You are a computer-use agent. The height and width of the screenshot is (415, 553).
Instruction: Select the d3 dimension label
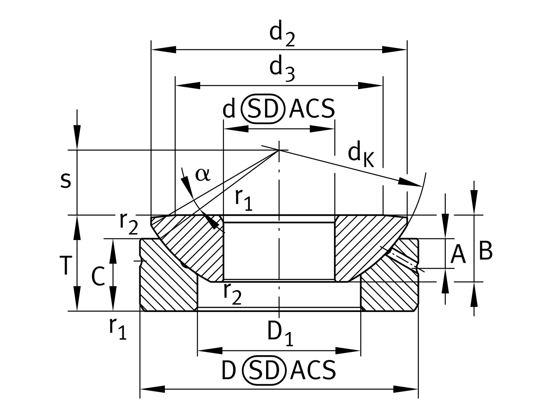tap(282, 70)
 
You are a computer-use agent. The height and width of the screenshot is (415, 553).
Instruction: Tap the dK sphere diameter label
tap(361, 156)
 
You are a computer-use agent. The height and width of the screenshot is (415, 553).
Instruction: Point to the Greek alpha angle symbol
tap(203, 175)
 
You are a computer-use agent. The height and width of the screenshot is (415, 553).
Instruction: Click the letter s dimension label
tap(66, 181)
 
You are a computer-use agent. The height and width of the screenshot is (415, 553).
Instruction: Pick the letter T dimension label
tap(66, 266)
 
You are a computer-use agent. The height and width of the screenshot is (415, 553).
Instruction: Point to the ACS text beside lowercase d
tap(312, 109)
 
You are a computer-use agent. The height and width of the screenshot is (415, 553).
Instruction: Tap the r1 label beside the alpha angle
tap(244, 200)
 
